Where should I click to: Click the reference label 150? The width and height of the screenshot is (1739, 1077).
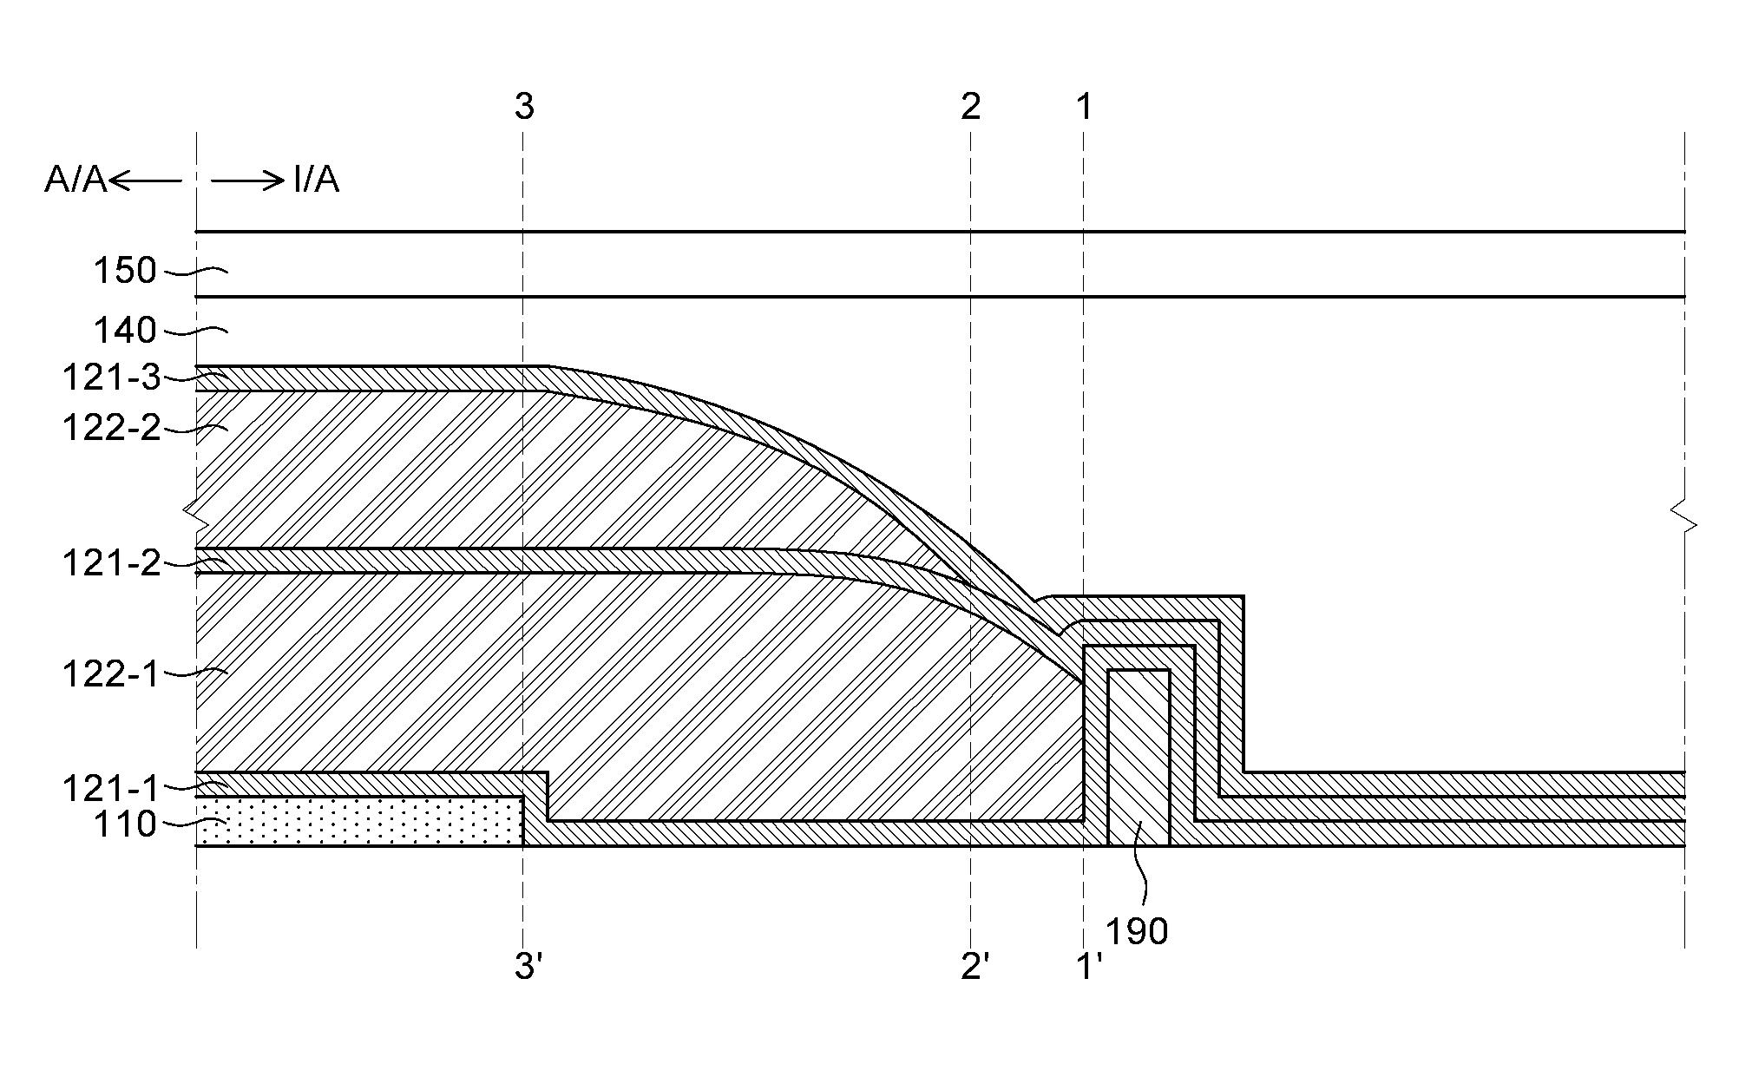point(125,271)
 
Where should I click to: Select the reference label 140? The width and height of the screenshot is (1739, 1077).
point(125,331)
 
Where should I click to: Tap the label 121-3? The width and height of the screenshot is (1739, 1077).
point(112,378)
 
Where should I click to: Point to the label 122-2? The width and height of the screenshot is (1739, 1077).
point(112,428)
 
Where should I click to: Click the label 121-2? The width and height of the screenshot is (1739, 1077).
point(112,564)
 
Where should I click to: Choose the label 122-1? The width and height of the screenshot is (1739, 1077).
point(112,673)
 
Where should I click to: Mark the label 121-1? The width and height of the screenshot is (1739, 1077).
point(112,789)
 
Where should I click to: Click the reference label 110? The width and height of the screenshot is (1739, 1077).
point(125,824)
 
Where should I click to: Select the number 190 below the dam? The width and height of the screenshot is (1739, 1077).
point(1137,931)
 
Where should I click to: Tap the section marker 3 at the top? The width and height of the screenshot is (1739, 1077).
point(524,106)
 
